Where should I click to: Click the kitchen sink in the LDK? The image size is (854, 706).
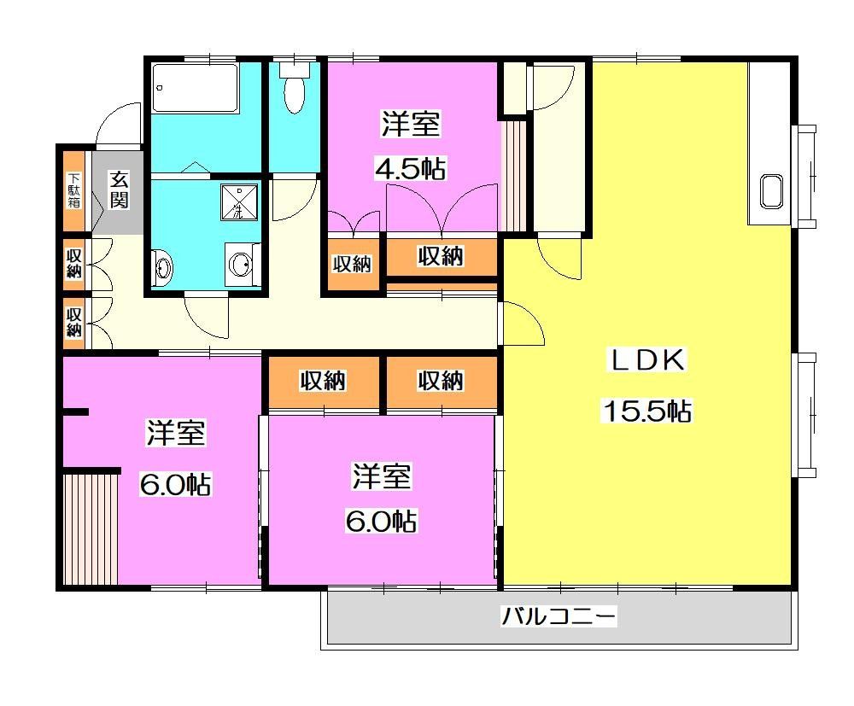point(771,192)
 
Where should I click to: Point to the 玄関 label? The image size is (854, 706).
point(119,190)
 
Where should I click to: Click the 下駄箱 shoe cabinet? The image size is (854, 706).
point(74,192)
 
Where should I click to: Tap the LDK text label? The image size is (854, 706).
point(646,360)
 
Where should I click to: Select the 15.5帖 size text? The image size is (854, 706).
point(646,411)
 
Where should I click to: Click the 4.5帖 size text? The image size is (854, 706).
point(411,169)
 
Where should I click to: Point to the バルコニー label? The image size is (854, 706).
point(559,616)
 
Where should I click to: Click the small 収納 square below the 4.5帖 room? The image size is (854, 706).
point(352,264)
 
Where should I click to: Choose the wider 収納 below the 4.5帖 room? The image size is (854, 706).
point(441,255)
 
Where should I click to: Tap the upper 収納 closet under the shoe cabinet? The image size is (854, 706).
point(74,262)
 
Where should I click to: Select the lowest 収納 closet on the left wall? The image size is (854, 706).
point(74,321)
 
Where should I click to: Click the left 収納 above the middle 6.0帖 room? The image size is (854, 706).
point(323,381)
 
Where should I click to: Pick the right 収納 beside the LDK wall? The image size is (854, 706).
point(441,381)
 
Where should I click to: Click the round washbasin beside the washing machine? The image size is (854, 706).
point(240,264)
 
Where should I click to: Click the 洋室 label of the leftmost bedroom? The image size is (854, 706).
point(176,434)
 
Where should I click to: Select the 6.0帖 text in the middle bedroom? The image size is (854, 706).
point(381,520)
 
